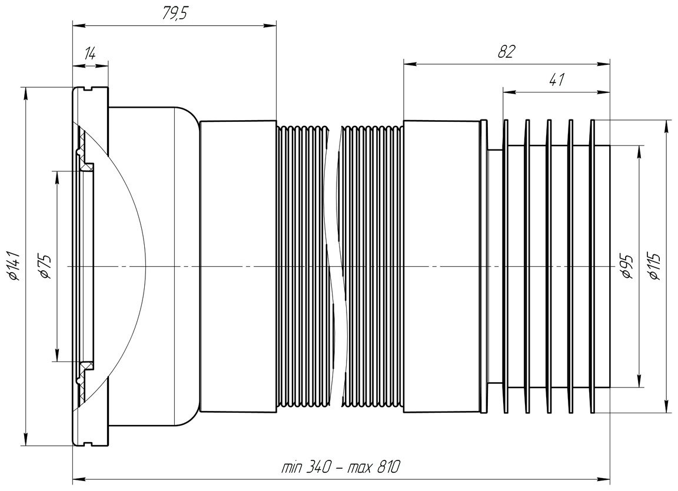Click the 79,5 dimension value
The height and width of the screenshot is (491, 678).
pos(174,14)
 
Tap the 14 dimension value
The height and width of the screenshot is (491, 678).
pos(90,54)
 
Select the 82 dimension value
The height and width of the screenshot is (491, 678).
pos(506,51)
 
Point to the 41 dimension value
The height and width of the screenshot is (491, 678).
pos(557,79)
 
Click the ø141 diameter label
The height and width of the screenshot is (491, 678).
pos(13,266)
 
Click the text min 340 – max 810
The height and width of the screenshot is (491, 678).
pos(341,467)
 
